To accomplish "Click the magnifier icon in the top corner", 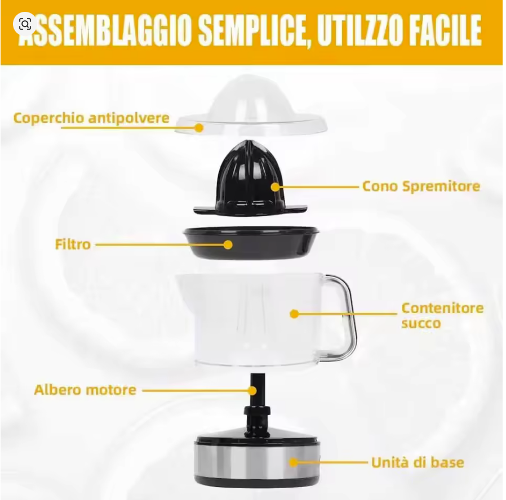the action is coord(25,24).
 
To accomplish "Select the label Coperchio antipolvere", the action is coord(91,118).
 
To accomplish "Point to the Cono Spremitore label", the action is coord(421,186).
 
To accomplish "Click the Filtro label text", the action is coord(73,244).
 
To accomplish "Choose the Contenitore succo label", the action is coord(442,315).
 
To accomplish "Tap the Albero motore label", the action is coord(85,390).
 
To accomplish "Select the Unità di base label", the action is coord(418,462).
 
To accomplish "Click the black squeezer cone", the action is coord(250,179).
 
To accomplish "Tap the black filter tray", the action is coord(251,243).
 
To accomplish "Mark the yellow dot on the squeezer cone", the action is coord(275,186).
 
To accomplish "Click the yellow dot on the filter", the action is coord(228,245).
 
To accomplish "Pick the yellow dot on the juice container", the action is coord(294,314).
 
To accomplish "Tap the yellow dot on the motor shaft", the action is coord(252,391).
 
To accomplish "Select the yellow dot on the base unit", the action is coord(294,463).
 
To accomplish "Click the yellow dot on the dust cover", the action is coord(199,128).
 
